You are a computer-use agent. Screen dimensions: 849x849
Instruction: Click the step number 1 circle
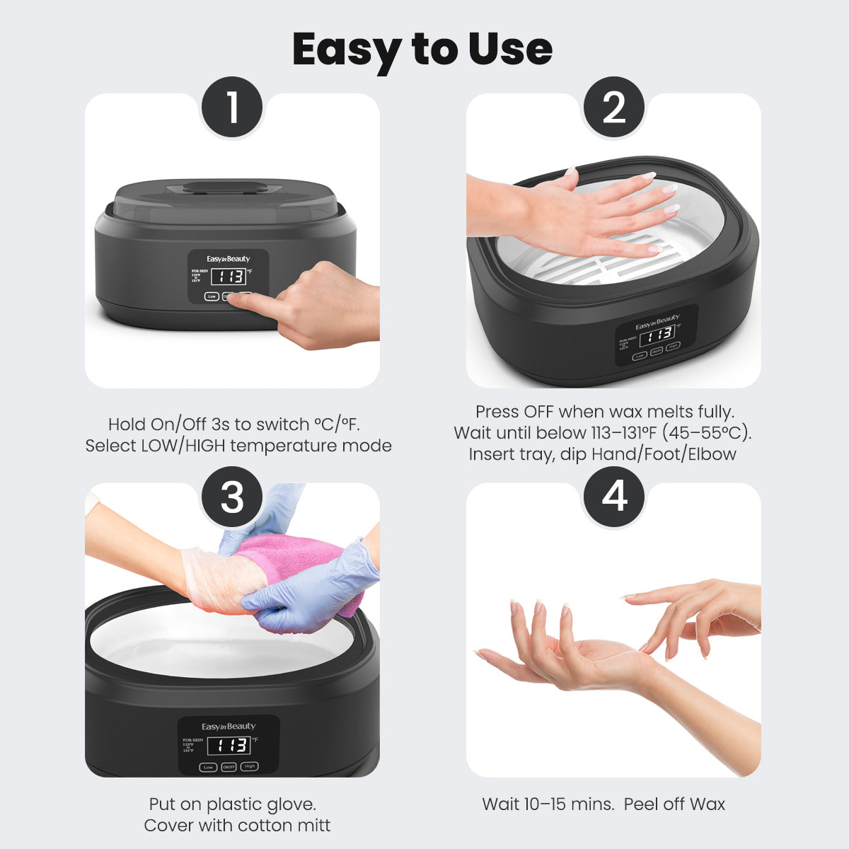tap(232, 108)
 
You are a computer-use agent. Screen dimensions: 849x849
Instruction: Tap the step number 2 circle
tap(613, 108)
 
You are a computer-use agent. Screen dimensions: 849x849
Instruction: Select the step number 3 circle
tap(232, 497)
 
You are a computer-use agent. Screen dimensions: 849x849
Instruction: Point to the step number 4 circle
tap(613, 497)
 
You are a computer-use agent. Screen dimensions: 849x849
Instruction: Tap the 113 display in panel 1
tap(228, 276)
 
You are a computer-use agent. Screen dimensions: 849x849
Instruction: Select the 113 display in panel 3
tap(232, 745)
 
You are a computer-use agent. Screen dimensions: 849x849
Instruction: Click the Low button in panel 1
tap(212, 296)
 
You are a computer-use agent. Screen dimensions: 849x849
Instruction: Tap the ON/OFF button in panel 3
tap(229, 766)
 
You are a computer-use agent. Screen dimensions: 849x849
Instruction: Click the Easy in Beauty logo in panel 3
tap(229, 727)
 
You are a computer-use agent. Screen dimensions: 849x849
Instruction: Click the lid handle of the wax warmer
tap(225, 188)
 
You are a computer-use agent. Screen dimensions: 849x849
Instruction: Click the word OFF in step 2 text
tap(539, 412)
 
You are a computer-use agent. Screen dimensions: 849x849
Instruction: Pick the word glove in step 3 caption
tap(290, 804)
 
